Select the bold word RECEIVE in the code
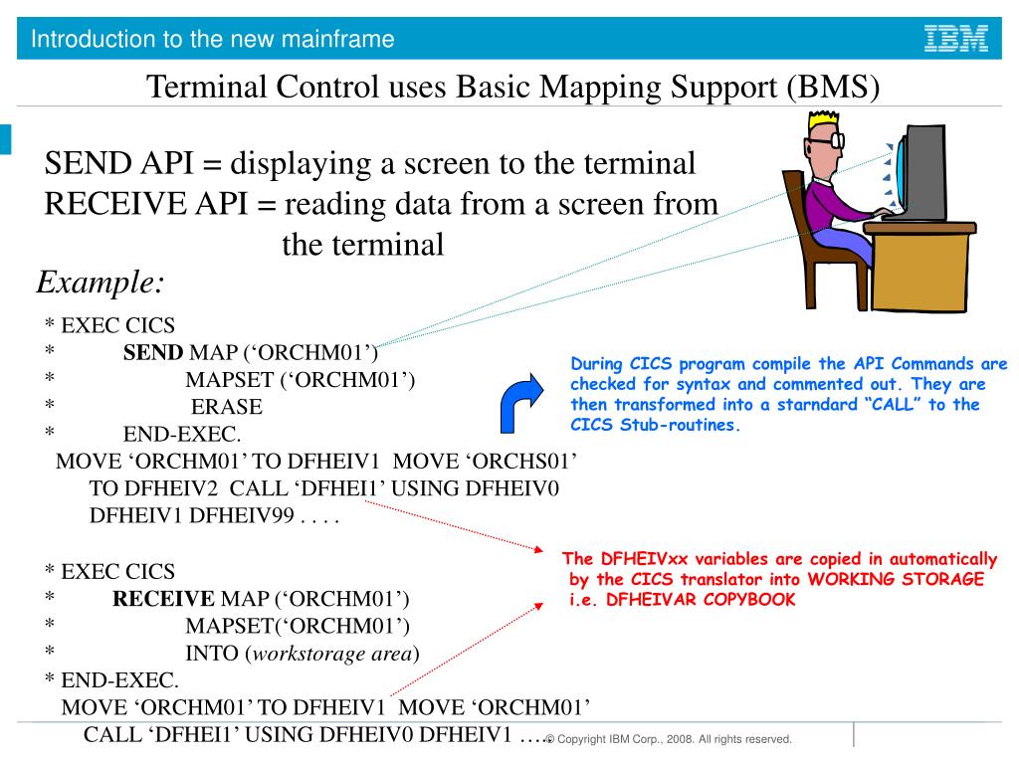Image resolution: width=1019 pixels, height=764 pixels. tap(163, 599)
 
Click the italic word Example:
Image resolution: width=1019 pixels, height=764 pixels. tap(101, 283)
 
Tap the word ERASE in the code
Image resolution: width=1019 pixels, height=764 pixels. tap(227, 407)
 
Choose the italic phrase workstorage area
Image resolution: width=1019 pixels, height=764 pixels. tap(330, 654)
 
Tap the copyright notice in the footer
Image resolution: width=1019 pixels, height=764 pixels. tap(669, 740)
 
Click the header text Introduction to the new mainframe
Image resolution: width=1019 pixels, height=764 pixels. tap(212, 40)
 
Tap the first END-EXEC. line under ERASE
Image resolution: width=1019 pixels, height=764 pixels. tap(182, 434)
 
